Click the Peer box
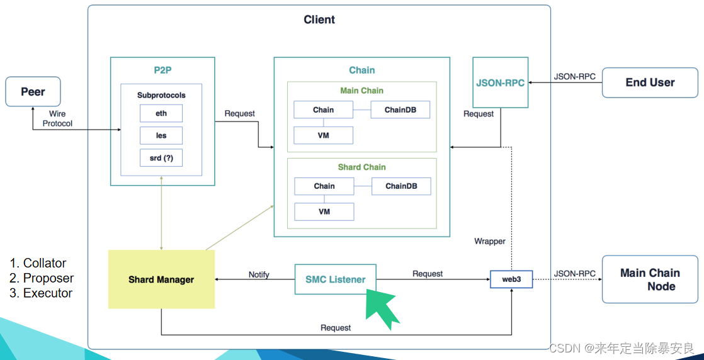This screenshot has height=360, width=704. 33,91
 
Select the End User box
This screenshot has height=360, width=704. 650,82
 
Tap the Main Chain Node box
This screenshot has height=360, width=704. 650,279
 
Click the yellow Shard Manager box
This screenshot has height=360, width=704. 161,279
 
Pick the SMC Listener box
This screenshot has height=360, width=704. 336,279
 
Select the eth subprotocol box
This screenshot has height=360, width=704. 161,113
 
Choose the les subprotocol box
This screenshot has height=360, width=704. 161,135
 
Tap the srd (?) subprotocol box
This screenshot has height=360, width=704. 161,157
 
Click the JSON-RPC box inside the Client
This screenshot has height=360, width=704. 500,82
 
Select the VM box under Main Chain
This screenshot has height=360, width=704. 323,135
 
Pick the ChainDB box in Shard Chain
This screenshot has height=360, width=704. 401,186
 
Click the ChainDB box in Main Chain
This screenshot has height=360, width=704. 400,110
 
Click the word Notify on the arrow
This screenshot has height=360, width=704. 259,274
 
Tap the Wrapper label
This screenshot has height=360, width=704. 490,242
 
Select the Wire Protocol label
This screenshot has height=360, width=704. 57,118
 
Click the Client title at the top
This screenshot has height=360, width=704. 319,20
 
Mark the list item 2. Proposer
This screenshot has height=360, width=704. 42,278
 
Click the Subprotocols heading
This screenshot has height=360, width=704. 161,96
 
